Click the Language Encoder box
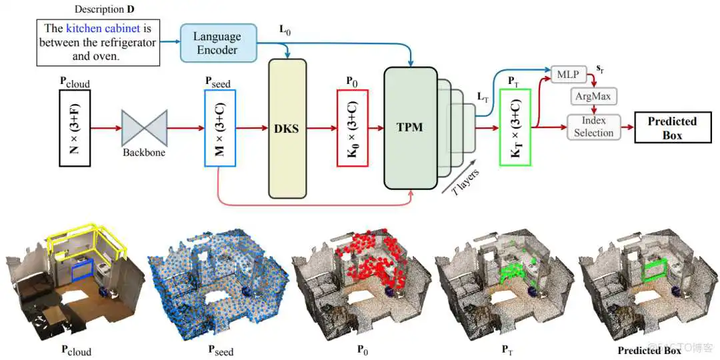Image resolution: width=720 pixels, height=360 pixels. pyautogui.click(x=217, y=43)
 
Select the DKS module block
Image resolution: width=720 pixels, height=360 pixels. pyautogui.click(x=287, y=127)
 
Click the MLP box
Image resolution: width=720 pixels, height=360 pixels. pyautogui.click(x=567, y=73)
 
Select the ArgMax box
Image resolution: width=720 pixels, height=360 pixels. pyautogui.click(x=593, y=97)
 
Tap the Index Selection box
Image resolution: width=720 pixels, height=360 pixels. pyautogui.click(x=593, y=127)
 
